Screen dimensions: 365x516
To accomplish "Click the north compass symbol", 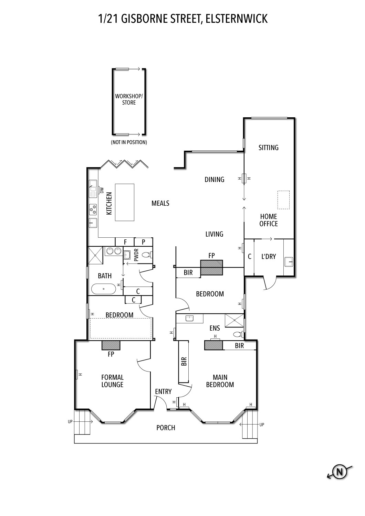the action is [x=340, y=472].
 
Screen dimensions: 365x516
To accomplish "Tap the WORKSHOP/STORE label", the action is [x=129, y=99].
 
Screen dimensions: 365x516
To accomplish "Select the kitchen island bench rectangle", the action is [x=125, y=202].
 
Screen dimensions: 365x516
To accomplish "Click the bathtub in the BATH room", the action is [x=104, y=289].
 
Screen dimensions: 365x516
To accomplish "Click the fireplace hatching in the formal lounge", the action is [x=111, y=345].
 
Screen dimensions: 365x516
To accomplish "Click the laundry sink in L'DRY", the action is [x=289, y=262].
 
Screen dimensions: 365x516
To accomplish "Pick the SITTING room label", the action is [x=268, y=148].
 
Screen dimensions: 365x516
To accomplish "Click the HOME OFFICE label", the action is [x=269, y=220].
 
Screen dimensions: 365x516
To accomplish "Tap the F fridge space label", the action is [x=125, y=242].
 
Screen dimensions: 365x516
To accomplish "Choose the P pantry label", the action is [x=144, y=242].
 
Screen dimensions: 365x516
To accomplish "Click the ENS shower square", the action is [x=234, y=320].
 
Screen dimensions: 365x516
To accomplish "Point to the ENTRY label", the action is [x=163, y=391].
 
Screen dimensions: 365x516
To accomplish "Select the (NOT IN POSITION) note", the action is [x=129, y=142].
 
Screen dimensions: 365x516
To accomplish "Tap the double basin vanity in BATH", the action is [x=114, y=251].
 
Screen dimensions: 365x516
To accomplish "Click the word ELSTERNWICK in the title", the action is [x=236, y=19].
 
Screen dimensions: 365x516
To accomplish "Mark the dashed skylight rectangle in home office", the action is [x=284, y=200].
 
